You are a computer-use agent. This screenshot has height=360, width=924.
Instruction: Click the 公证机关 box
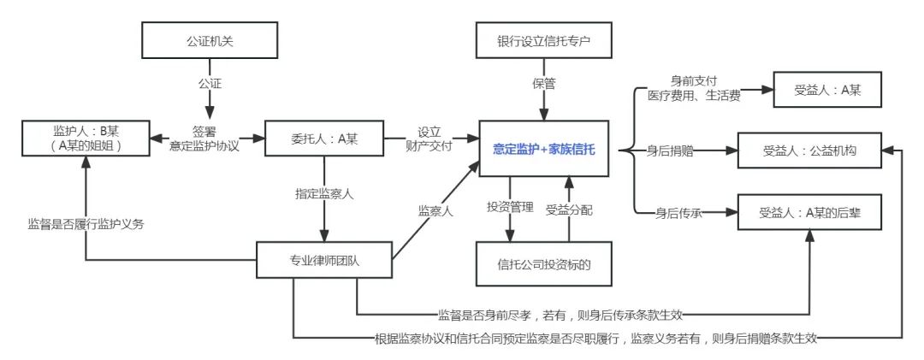click(207, 39)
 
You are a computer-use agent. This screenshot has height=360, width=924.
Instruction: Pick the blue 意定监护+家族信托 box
click(544, 148)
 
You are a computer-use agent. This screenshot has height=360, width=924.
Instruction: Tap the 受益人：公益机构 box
click(809, 151)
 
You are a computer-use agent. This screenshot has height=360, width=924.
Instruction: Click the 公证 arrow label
click(207, 85)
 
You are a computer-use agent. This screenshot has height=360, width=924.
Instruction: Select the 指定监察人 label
click(324, 194)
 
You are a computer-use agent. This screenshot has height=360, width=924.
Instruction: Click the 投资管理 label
click(510, 207)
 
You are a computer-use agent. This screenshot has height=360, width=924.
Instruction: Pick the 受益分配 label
click(570, 207)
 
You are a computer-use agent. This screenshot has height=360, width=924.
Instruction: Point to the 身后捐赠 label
click(673, 151)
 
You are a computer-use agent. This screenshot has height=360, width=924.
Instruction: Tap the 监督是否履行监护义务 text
click(86, 224)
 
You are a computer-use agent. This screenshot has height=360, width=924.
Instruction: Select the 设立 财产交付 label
click(429, 139)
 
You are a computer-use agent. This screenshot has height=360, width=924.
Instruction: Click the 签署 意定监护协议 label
click(204, 139)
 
